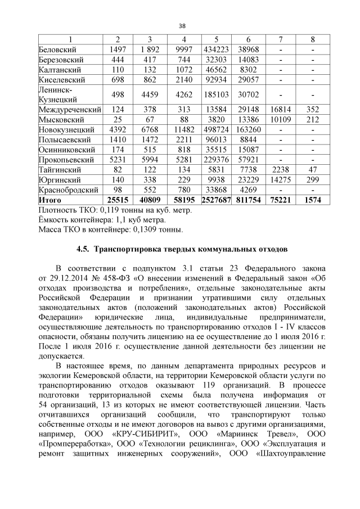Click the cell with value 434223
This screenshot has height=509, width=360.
pyautogui.click(x=216, y=49)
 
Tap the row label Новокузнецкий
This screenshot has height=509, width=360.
pyautogui.click(x=66, y=129)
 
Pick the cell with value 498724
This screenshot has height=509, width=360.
pyautogui.click(x=216, y=129)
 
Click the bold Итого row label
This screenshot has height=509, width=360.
pyautogui.click(x=49, y=200)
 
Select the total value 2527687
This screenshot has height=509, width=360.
pyautogui.click(x=216, y=200)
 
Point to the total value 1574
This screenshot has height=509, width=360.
pyautogui.click(x=313, y=200)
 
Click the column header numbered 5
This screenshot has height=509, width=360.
pyautogui.click(x=216, y=39)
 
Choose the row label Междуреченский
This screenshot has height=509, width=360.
pyautogui.click(x=69, y=109)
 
